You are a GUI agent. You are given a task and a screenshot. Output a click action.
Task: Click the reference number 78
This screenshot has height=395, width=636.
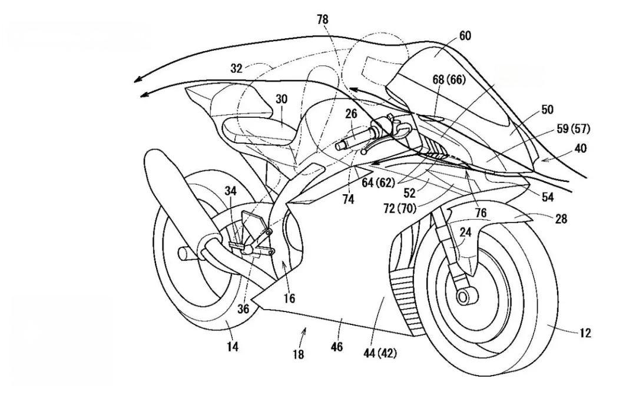point(323,19)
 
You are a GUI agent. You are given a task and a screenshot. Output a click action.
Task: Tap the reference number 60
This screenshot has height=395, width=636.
point(465,36)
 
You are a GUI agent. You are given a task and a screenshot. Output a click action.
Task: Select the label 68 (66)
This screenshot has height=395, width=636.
point(449,80)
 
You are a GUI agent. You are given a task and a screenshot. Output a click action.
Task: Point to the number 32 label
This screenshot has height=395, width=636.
point(236,68)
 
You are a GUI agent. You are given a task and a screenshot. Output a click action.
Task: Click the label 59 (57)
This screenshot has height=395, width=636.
point(574,130)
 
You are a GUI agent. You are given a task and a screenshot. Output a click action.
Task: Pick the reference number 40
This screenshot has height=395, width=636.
point(580,148)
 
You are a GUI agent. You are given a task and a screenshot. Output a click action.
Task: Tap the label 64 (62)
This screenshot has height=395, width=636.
point(378,183)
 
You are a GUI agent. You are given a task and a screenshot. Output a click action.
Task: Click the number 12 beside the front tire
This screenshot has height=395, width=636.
point(585,333)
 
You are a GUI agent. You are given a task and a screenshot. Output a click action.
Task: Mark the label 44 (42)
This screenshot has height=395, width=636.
point(380,353)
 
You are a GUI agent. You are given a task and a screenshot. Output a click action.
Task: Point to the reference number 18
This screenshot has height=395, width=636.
point(298,354)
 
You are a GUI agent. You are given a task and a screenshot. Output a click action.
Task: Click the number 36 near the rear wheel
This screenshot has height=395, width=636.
point(243,308)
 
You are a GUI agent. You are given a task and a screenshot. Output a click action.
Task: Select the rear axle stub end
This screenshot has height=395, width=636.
point(184,254)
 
